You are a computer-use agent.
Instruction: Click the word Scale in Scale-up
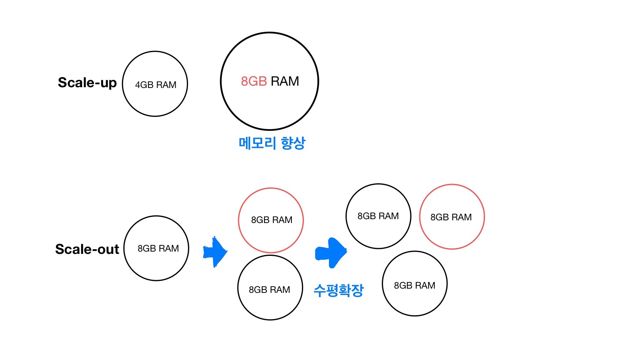76,83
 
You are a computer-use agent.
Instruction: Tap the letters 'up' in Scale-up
108,84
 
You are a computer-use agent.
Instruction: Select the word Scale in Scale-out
73,249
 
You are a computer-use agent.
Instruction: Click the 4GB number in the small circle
144,85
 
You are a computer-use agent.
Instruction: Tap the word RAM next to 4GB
166,85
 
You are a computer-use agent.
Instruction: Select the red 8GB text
254,81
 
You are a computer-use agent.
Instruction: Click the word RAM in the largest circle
285,81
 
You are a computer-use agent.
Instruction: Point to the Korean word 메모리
257,143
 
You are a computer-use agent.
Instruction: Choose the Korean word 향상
293,143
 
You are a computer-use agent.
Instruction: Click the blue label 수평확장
339,290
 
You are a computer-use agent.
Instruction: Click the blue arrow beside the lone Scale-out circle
215,252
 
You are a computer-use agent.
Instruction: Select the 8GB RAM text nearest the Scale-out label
158,248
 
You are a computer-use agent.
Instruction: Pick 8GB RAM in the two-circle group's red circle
272,220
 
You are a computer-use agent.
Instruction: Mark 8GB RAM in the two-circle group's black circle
269,290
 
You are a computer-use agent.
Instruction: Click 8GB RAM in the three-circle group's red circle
451,217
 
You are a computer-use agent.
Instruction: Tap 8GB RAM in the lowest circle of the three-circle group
415,285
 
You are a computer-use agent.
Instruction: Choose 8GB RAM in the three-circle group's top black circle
378,216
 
